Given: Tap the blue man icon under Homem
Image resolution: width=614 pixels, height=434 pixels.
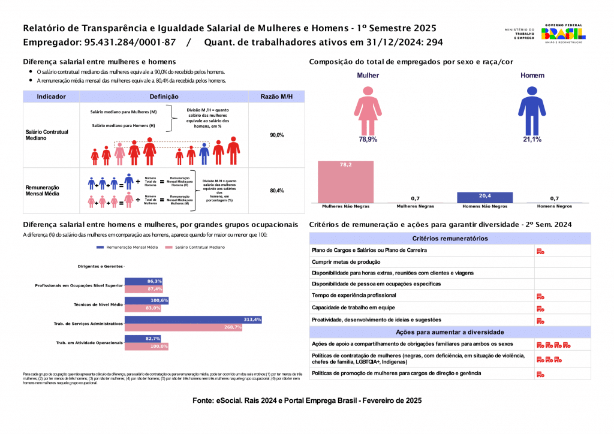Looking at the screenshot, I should [x=531, y=109].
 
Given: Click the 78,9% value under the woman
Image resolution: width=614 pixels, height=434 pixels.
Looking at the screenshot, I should [x=368, y=139].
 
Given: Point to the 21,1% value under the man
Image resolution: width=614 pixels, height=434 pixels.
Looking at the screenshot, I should [x=531, y=139].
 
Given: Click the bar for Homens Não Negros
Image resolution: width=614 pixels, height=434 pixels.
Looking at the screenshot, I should [x=484, y=197].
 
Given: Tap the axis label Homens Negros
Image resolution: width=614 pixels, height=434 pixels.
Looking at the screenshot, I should [x=554, y=207].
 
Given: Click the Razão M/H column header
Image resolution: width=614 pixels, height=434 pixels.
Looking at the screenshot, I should [x=276, y=97].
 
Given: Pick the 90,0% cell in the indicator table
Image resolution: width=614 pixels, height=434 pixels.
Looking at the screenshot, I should [x=276, y=135].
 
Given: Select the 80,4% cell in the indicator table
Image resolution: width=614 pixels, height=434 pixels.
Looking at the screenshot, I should [x=276, y=191].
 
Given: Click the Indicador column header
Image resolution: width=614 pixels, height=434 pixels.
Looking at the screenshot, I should [x=51, y=97].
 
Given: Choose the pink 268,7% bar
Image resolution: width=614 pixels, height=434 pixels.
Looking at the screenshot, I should [x=183, y=327].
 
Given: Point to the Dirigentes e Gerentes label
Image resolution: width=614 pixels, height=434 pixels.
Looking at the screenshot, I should [x=100, y=266].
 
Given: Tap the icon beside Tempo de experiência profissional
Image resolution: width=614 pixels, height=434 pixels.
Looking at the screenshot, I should [x=540, y=296].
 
